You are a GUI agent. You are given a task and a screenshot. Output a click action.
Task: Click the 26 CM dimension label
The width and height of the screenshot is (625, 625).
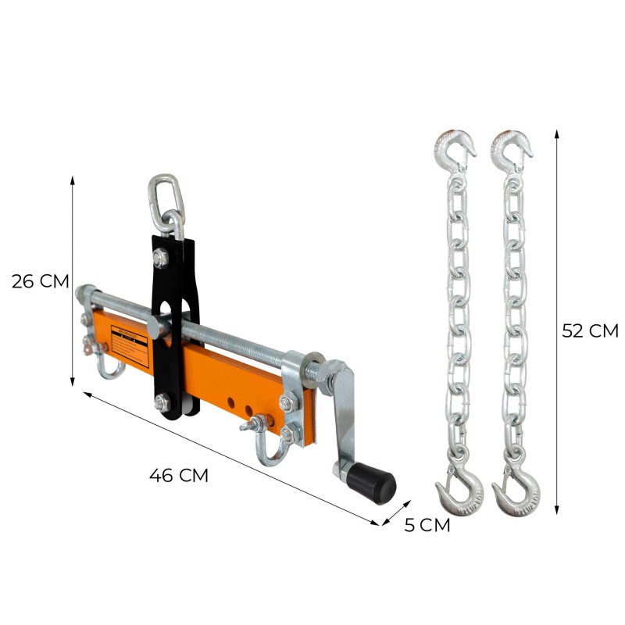click(x=41, y=281)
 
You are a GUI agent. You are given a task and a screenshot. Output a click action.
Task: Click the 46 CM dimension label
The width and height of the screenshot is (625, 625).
click(x=178, y=474)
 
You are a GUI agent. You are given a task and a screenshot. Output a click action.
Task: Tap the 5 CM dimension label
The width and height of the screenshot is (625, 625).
click(x=427, y=525)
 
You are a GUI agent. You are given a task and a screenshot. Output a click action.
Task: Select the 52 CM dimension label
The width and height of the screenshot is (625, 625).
click(x=590, y=330)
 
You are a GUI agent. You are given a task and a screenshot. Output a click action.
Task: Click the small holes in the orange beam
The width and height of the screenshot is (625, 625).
click(x=239, y=407)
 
